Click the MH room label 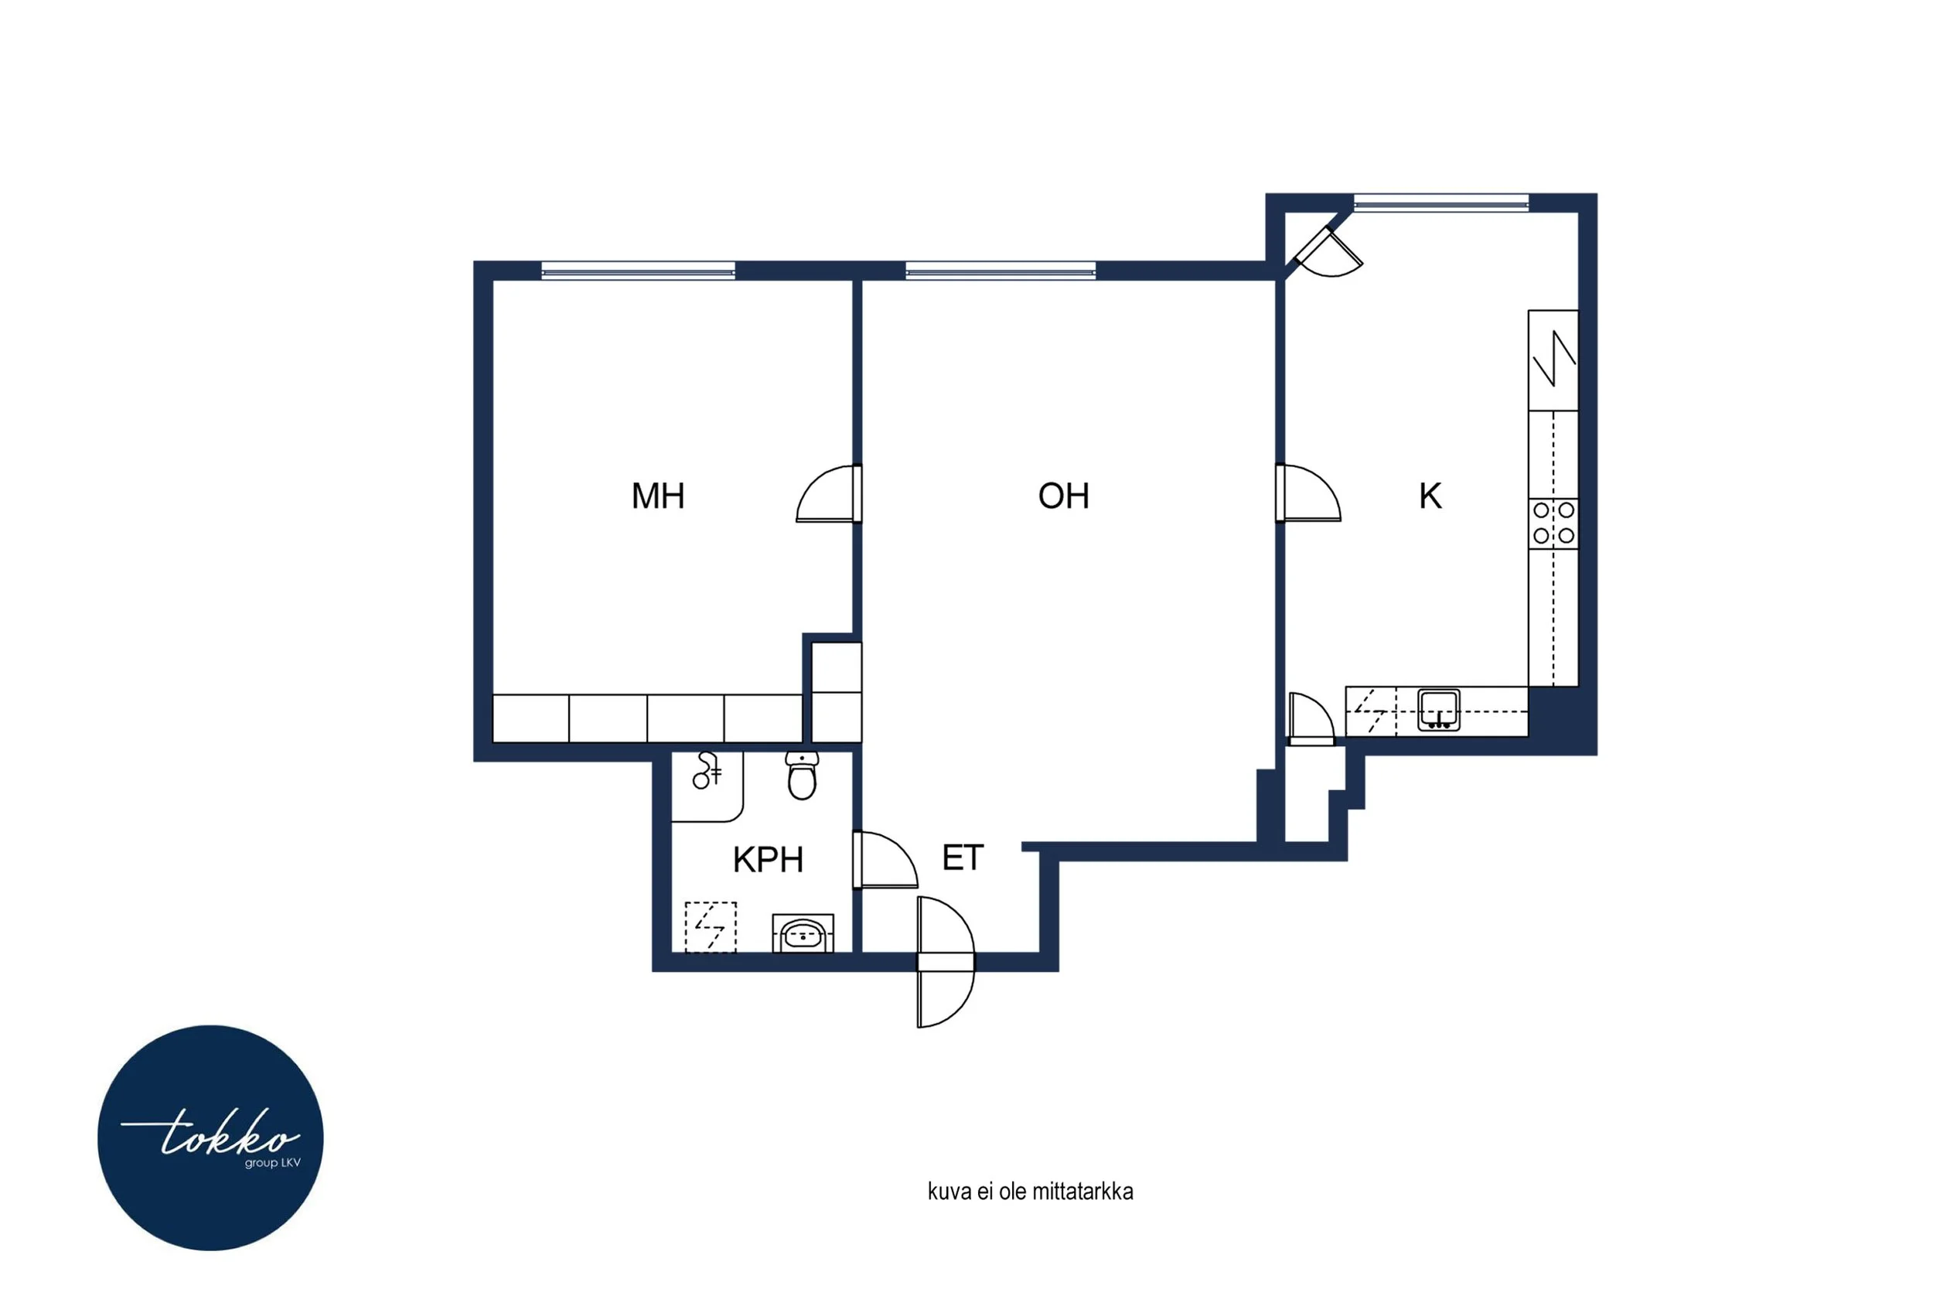click(x=657, y=496)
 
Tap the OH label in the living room click(x=1063, y=496)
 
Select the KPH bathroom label click(x=768, y=860)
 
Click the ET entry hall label click(x=963, y=858)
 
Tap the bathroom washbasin click(x=803, y=933)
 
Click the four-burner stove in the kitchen click(x=1553, y=523)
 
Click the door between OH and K click(x=1308, y=493)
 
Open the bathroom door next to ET click(x=885, y=860)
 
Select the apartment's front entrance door click(x=946, y=962)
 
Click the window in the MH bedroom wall click(x=638, y=271)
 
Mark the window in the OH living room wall click(x=1001, y=271)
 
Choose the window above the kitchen click(x=1440, y=203)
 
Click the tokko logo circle click(x=210, y=1137)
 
